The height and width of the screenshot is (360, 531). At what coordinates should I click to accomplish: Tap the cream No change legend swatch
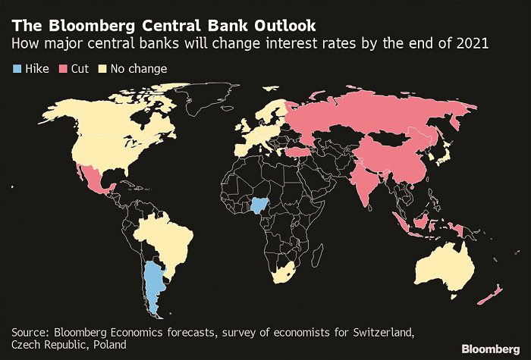tap(102, 69)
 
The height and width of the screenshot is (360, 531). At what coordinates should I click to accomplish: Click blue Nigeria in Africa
tap(260, 205)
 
